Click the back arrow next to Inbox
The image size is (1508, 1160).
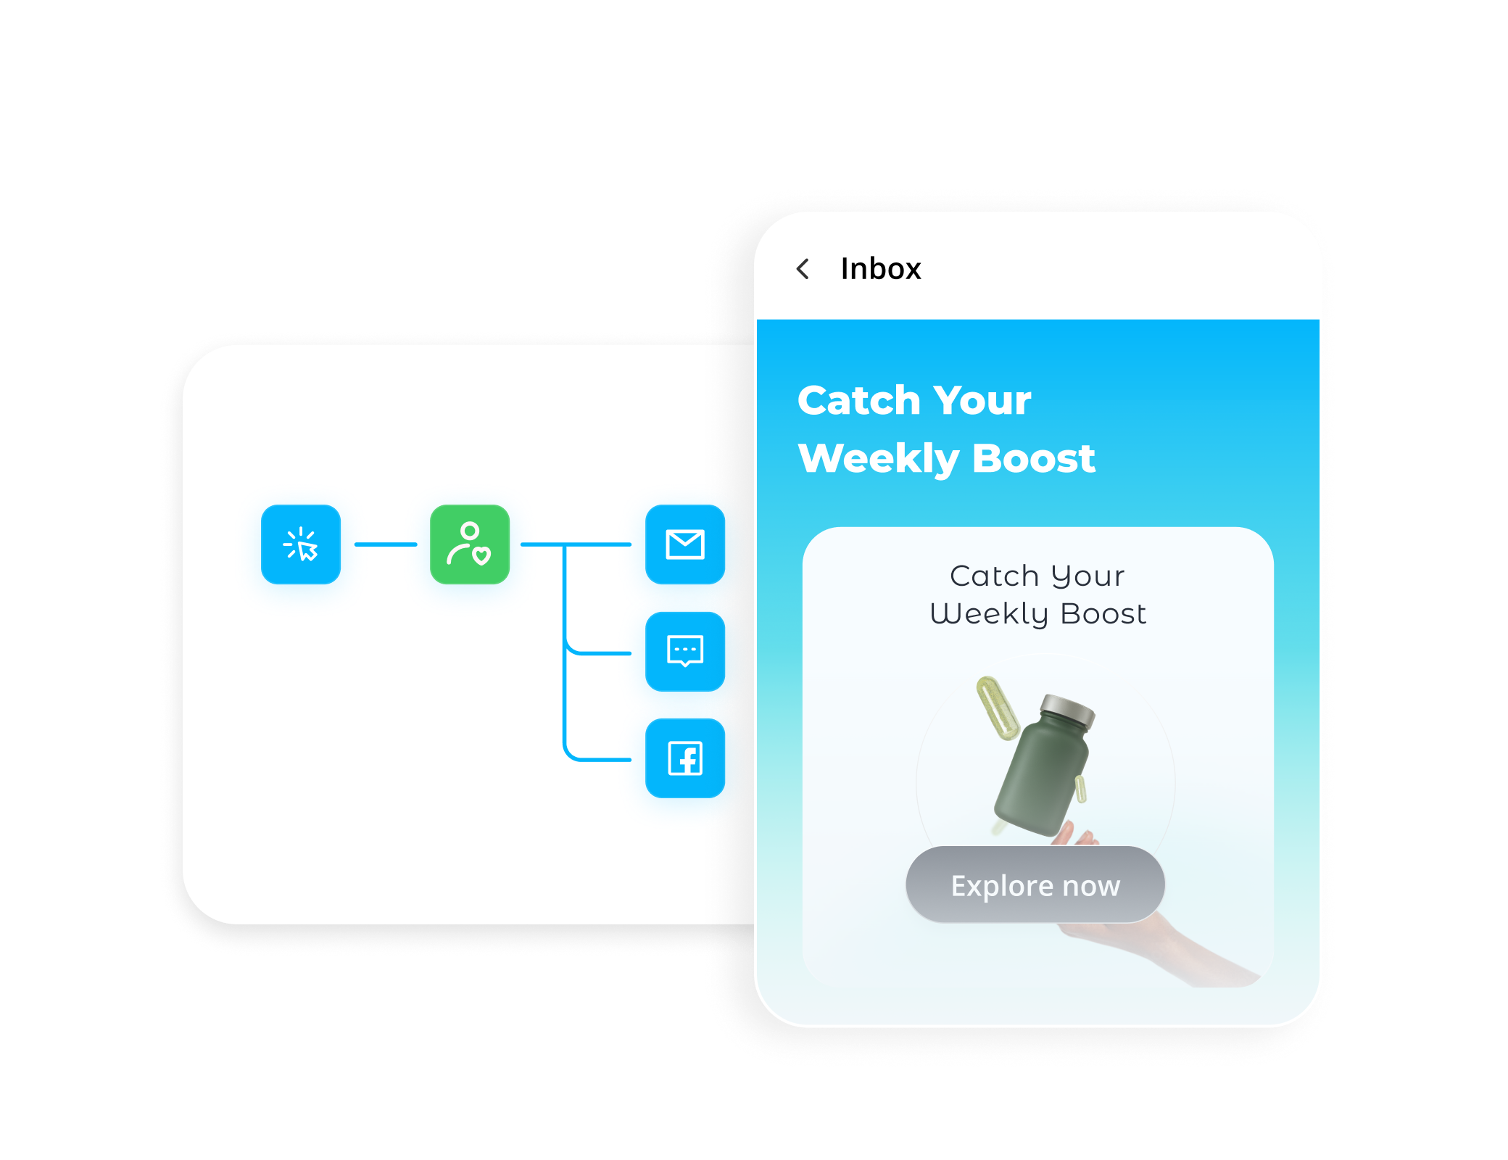coord(803,269)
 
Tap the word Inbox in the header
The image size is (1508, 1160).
coord(880,269)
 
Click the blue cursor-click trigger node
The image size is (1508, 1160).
coord(301,544)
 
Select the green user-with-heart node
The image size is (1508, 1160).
coord(469,544)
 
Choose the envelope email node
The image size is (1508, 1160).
coord(685,544)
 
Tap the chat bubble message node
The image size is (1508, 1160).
coord(685,651)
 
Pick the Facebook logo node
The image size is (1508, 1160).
coord(685,758)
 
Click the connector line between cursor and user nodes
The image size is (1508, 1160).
coord(386,544)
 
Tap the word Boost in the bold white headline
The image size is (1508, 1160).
coord(1034,459)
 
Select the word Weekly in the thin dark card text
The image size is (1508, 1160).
coord(989,614)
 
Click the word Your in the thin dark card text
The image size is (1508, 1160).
coord(1087,576)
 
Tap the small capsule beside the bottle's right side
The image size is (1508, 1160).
coord(1080,789)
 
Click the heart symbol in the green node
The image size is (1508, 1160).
coord(481,556)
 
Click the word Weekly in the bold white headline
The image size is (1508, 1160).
coord(879,459)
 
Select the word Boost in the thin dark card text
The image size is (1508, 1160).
coord(1103,614)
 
